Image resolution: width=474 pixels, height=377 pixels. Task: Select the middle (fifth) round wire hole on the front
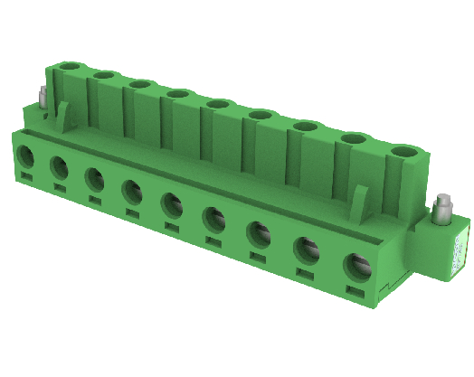(172, 204)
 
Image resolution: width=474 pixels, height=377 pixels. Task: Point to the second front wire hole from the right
(307, 250)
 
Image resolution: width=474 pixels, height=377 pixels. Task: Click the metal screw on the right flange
(442, 211)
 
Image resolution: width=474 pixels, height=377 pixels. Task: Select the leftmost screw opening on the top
(69, 67)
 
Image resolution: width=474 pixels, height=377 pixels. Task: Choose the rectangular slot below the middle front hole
(171, 227)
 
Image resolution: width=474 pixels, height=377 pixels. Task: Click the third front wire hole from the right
(259, 233)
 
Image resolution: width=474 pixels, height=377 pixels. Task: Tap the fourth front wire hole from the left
(132, 192)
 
